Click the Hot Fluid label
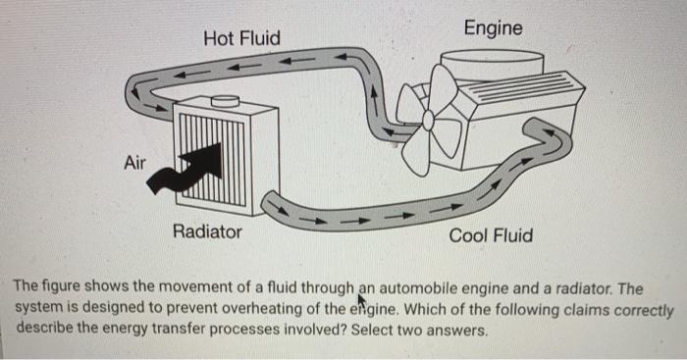[241, 38]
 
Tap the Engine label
[493, 28]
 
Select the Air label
[134, 163]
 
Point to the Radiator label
[207, 231]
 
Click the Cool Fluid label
[491, 235]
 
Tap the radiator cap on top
[225, 101]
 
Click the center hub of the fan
[428, 119]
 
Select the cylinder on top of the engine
[492, 65]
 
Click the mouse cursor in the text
[362, 301]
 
